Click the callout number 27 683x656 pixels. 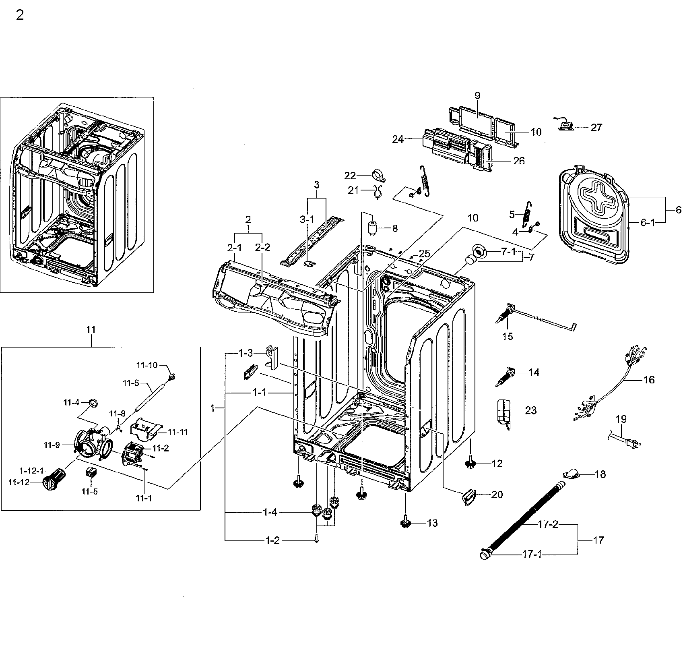pos(596,127)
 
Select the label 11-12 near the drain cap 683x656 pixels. pos(20,482)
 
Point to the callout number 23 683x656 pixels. pos(531,410)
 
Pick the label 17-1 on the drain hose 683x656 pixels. pos(532,555)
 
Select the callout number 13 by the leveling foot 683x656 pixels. pos(432,523)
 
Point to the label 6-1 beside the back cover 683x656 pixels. pos(647,222)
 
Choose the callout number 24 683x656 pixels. pos(398,139)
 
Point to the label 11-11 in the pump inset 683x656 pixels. pos(177,432)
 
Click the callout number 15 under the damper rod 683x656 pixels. pos(508,336)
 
